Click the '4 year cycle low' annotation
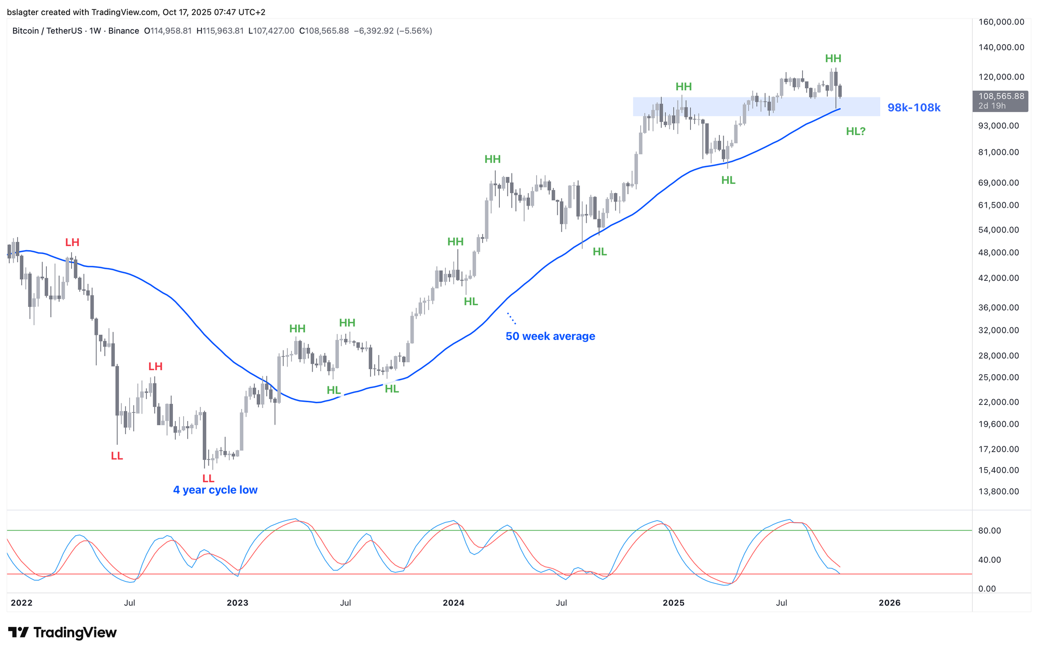coord(215,490)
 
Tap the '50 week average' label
coord(550,336)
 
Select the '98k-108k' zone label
coord(913,108)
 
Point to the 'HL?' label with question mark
coord(855,131)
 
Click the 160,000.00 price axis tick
coord(1001,22)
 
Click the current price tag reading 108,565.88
coord(1001,97)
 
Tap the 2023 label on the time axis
coord(237,603)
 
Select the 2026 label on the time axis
coord(889,603)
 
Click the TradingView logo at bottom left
coord(62,632)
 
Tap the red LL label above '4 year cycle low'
coord(208,478)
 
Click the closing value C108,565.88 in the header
coord(324,31)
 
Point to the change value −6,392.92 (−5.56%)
coord(393,31)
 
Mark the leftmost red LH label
coord(72,242)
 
